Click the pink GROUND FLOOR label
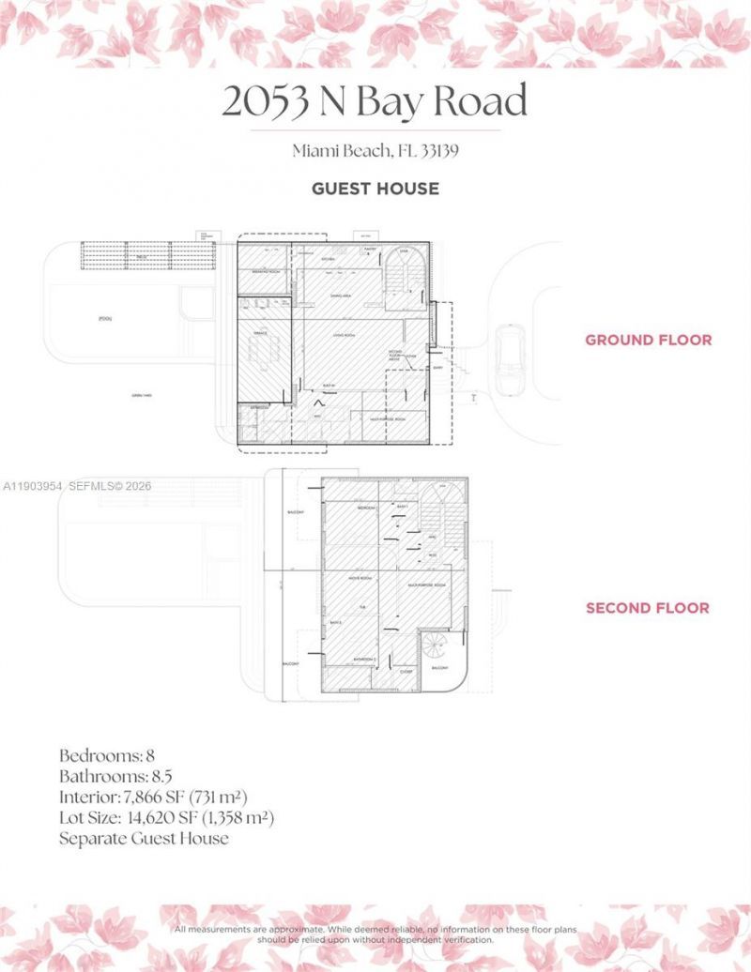[x=648, y=340]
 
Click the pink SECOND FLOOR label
[x=648, y=608]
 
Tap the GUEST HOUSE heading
[x=375, y=189]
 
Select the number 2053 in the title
[x=266, y=101]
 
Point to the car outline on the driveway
[x=509, y=359]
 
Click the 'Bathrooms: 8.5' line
[x=115, y=776]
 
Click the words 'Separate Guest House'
[x=144, y=838]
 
